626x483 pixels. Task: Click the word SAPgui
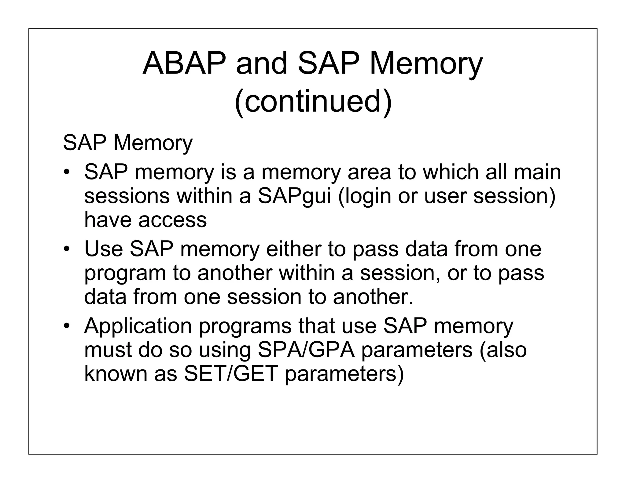coord(294,196)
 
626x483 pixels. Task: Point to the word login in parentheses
coord(365,196)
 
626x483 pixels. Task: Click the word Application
coord(138,326)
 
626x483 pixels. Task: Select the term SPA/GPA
coord(306,350)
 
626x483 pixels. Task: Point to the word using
coord(225,350)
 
